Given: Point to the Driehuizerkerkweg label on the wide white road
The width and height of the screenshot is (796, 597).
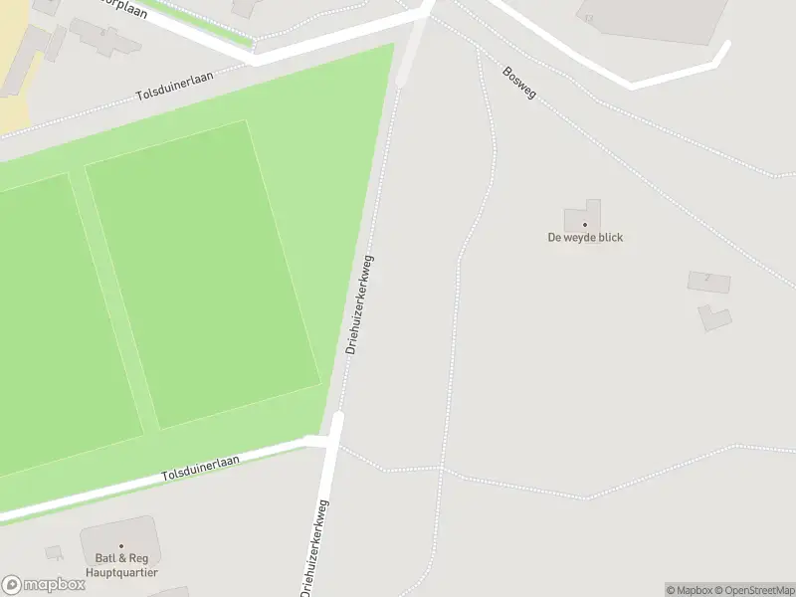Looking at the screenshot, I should tap(315, 547).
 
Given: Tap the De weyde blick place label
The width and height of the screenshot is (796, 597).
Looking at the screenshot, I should tap(585, 238).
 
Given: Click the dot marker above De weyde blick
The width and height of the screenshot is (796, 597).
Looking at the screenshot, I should tap(585, 225).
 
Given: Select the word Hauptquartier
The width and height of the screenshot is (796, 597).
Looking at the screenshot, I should tap(122, 573).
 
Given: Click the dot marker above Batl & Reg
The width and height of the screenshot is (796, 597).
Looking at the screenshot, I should tap(121, 546).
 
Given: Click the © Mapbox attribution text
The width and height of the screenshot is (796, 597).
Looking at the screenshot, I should tap(689, 590).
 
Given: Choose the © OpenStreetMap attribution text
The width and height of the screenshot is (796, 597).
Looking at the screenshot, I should tap(754, 590).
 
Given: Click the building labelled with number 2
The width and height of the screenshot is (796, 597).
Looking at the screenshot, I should tap(708, 282).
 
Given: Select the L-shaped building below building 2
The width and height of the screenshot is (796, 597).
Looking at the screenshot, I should tap(714, 318).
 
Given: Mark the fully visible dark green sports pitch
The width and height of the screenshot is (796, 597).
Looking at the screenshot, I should tap(202, 274).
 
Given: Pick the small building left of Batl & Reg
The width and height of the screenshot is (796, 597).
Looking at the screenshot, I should tap(54, 552).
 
